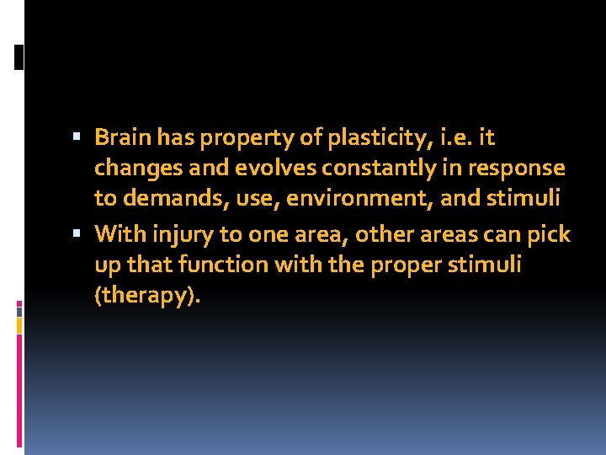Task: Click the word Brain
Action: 121,136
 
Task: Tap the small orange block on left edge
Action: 19,325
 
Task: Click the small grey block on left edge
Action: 19,311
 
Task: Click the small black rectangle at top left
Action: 19,56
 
